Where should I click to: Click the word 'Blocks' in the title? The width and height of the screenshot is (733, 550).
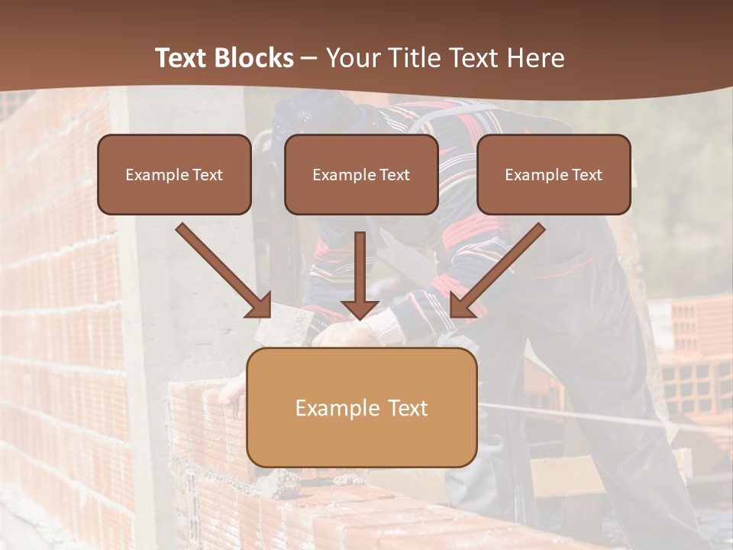[254, 58]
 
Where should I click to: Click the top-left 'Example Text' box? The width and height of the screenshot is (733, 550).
[174, 174]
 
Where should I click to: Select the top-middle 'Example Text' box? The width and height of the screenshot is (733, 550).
[361, 174]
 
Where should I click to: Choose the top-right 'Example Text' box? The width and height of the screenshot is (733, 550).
[554, 174]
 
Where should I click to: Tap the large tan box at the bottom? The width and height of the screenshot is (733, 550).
[361, 407]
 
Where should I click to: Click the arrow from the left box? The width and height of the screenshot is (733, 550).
[221, 268]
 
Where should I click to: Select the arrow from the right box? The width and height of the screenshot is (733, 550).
[499, 268]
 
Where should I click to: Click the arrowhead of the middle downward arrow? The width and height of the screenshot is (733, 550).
[360, 309]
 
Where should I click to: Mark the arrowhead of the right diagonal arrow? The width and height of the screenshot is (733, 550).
[463, 305]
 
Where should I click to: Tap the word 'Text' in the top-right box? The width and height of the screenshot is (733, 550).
[586, 175]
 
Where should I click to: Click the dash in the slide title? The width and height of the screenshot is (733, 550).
[309, 58]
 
